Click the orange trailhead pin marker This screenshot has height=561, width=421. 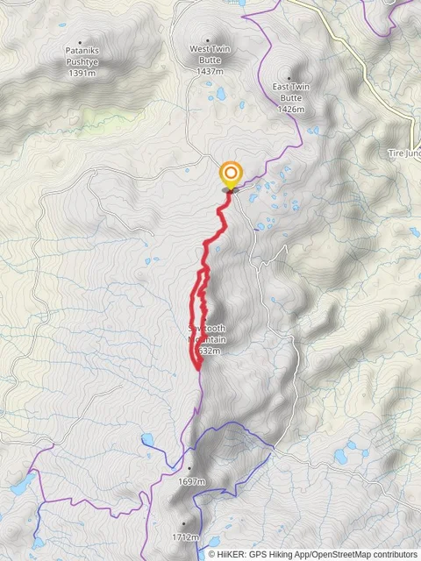click(231, 174)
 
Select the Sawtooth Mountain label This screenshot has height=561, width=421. click(208, 334)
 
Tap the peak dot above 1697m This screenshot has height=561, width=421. click(189, 468)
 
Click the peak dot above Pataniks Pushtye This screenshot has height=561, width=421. click(81, 42)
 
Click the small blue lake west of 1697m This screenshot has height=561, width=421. click(147, 439)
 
